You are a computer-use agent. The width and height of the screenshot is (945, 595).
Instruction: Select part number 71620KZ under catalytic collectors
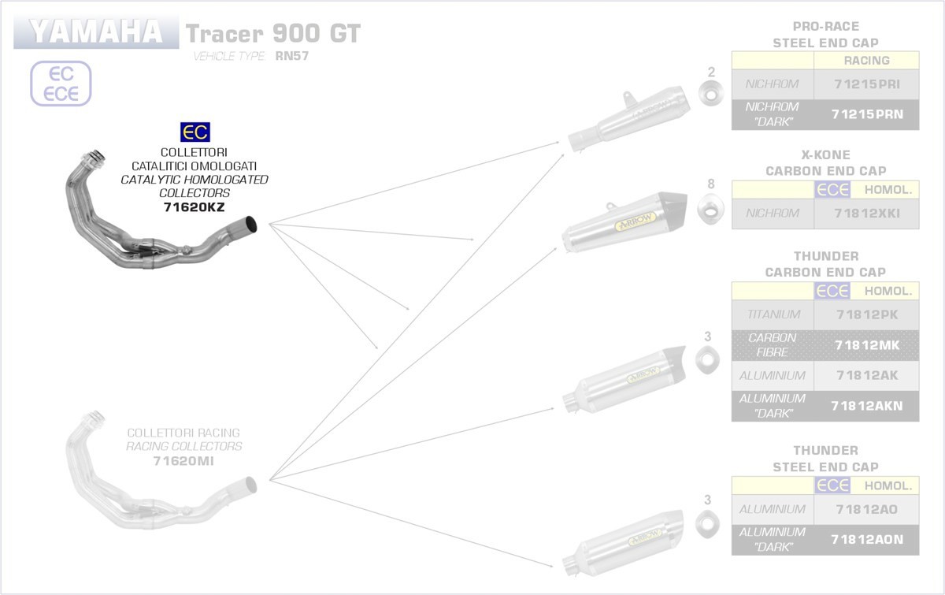[x=194, y=207]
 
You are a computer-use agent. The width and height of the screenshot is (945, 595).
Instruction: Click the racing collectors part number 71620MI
[x=183, y=461]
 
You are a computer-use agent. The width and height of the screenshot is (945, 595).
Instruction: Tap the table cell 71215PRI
[x=866, y=84]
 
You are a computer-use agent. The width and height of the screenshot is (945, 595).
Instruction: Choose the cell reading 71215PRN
[x=866, y=115]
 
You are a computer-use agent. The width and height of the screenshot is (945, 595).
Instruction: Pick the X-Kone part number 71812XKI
[x=866, y=213]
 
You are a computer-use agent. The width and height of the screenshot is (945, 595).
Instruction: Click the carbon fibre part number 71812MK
[x=866, y=344]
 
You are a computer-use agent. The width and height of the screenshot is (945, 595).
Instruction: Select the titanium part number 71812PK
[x=866, y=314]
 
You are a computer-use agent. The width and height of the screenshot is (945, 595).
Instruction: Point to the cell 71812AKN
[x=866, y=406]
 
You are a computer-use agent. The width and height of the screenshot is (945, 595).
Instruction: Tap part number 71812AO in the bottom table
[x=866, y=509]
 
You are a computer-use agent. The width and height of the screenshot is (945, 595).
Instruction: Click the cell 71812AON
[x=866, y=540]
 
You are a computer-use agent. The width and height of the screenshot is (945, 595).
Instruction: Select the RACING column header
[x=866, y=61]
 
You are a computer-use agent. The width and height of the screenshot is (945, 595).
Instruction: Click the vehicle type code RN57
[x=291, y=56]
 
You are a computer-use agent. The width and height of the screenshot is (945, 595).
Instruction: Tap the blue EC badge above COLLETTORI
[x=195, y=132]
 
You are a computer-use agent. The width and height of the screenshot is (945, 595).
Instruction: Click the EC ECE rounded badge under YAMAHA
[x=61, y=84]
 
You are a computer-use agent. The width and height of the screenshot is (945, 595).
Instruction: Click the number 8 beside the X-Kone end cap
[x=711, y=184]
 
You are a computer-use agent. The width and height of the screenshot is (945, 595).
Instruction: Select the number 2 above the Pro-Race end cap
[x=711, y=73]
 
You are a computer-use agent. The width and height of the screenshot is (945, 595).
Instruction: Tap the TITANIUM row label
[x=773, y=314]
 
